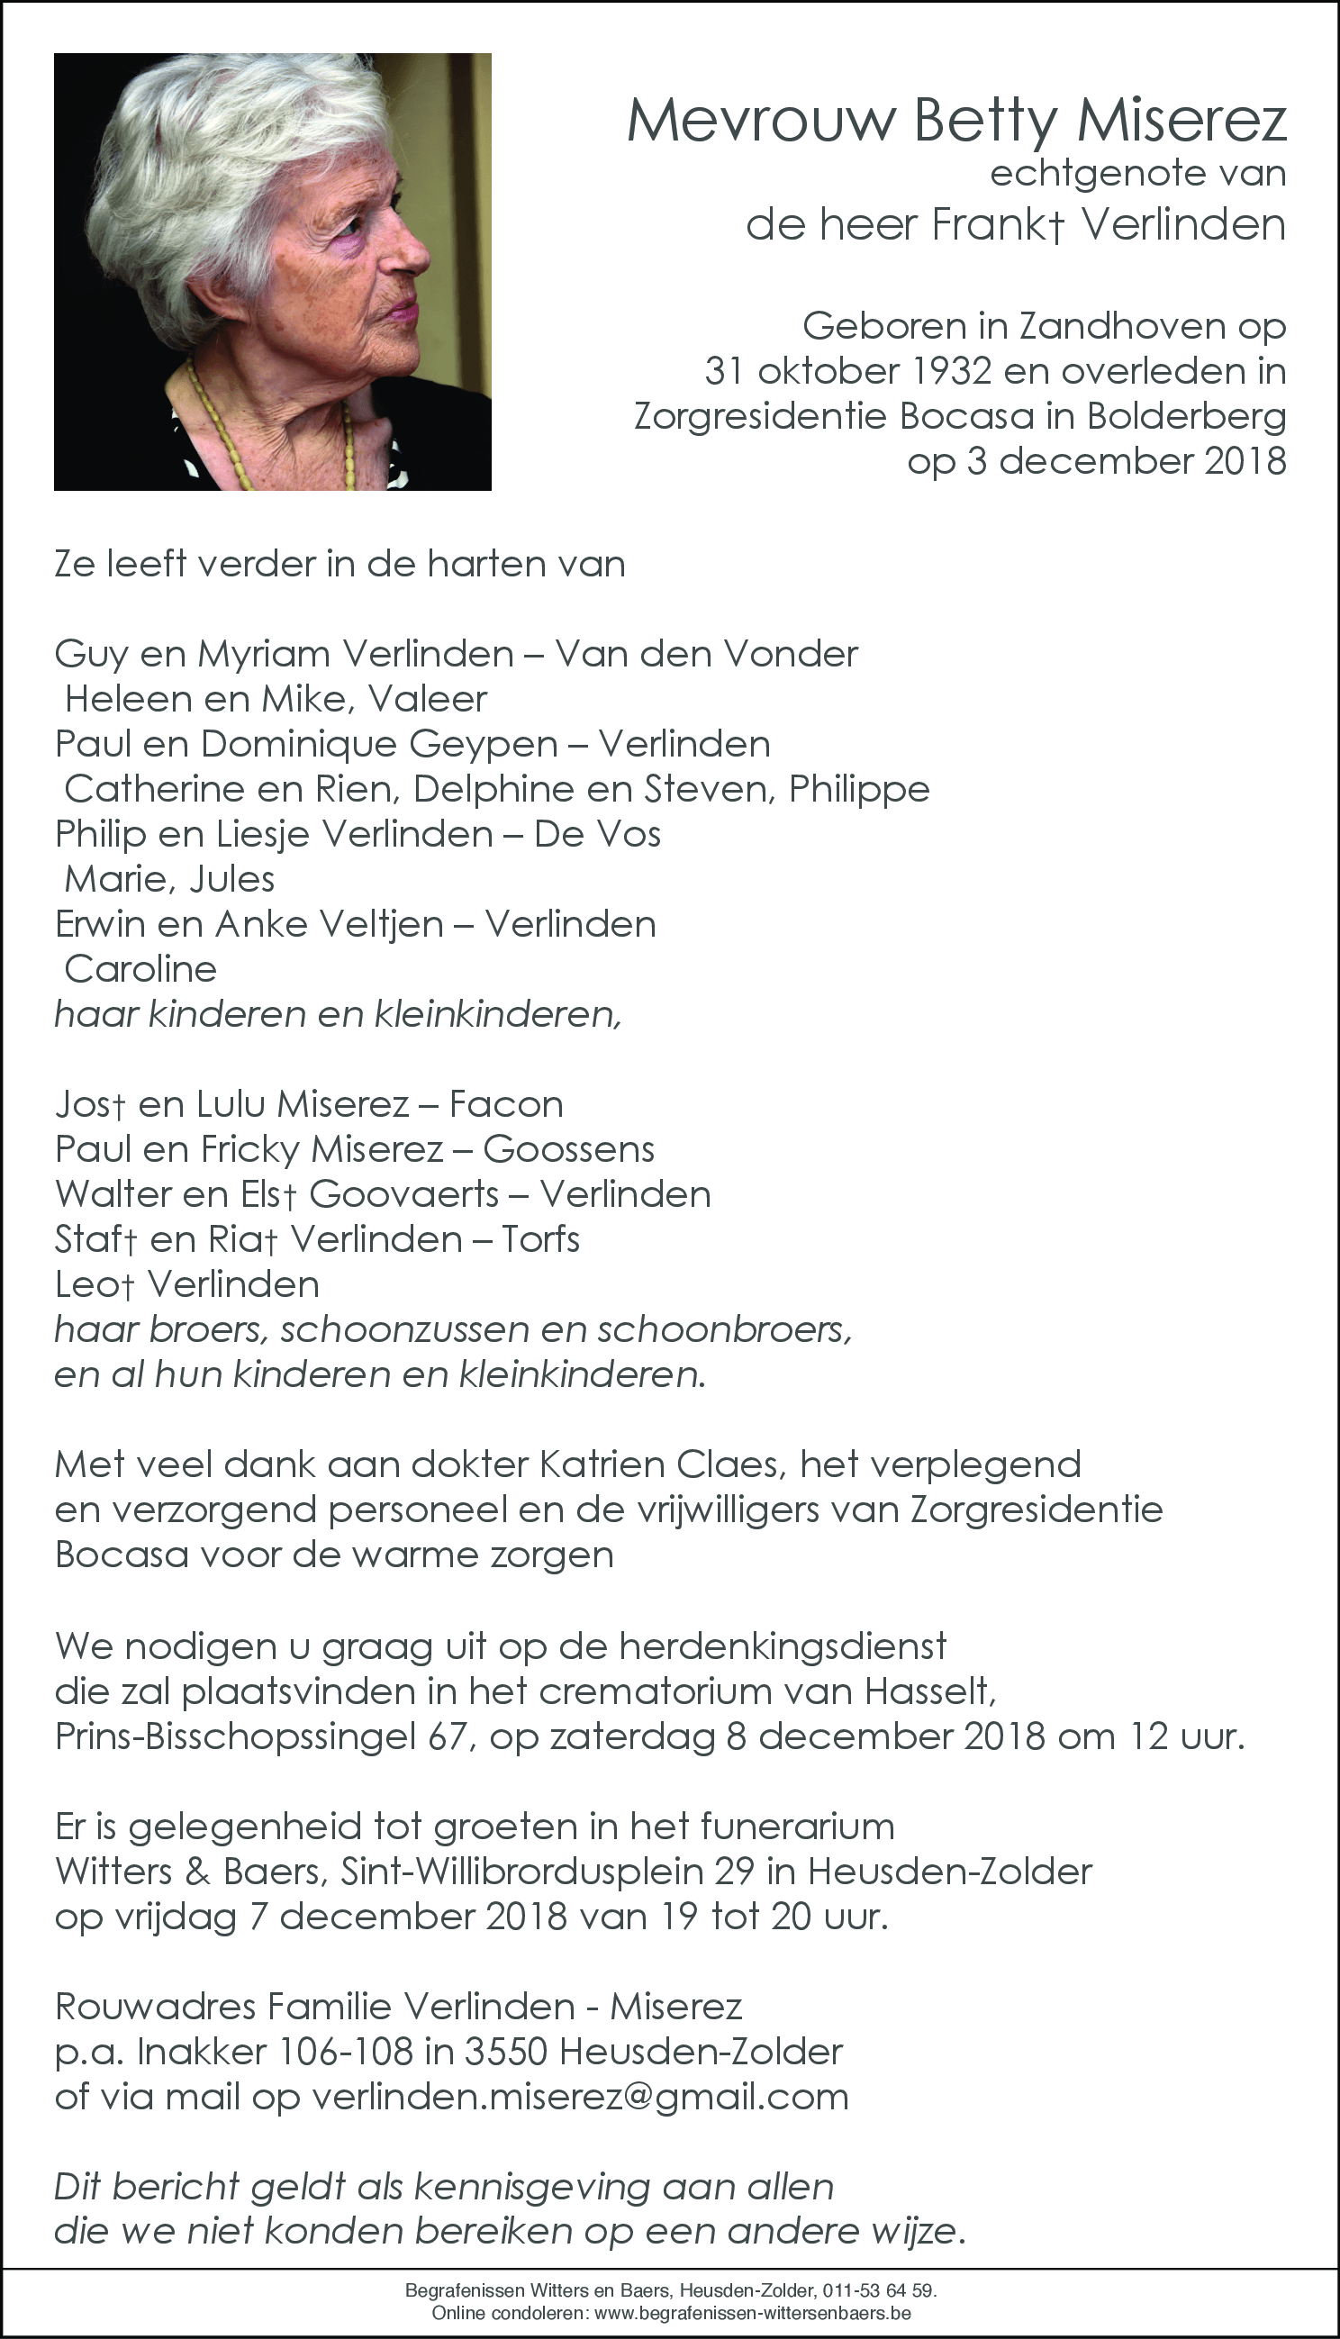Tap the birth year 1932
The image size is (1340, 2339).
tap(952, 371)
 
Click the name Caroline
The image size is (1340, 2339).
tap(140, 969)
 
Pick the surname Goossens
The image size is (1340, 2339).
tap(569, 1149)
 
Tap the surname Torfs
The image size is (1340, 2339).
tap(541, 1239)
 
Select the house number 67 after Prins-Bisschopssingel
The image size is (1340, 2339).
tap(451, 1736)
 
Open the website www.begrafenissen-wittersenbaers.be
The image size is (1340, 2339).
tap(753, 2312)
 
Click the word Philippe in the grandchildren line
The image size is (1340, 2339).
tap(860, 789)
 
